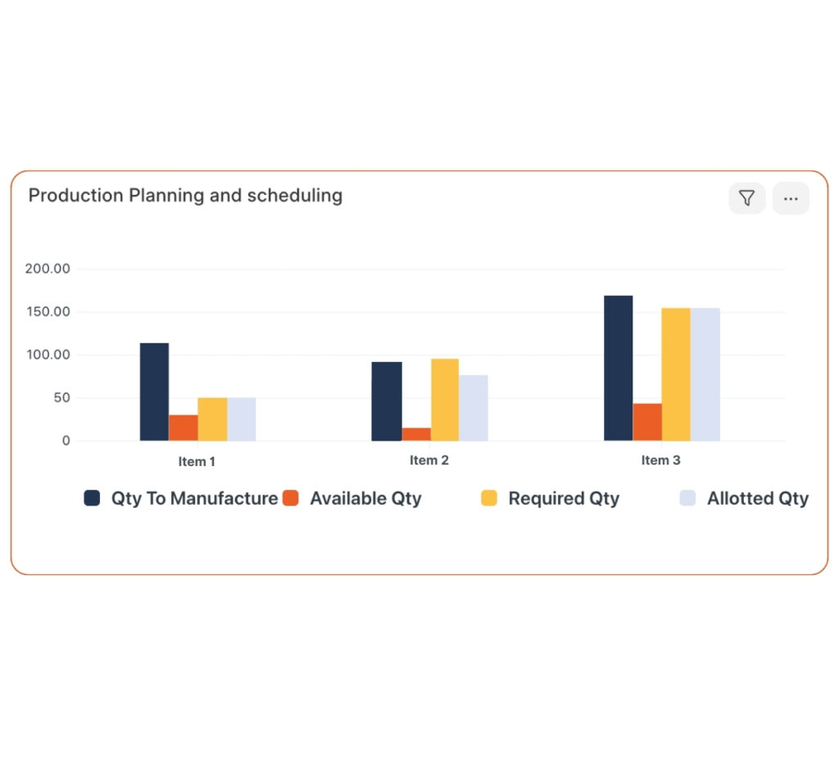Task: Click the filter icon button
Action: point(746,198)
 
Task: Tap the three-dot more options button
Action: point(791,198)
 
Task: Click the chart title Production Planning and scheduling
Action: point(185,196)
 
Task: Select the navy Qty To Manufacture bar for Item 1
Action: point(154,392)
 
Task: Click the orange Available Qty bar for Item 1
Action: point(184,428)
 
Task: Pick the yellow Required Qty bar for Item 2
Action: point(445,400)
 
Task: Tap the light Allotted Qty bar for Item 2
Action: point(474,408)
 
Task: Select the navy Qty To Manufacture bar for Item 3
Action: point(618,368)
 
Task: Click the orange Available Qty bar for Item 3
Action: point(647,422)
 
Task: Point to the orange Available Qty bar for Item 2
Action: point(416,434)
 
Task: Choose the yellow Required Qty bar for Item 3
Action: point(676,374)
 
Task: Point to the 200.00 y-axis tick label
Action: point(48,269)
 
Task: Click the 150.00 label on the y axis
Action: point(48,312)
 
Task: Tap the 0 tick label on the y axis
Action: point(66,441)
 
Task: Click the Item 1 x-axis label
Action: point(197,461)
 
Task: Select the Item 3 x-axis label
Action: point(660,460)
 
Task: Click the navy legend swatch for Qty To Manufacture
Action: point(92,498)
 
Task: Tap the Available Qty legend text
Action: point(365,498)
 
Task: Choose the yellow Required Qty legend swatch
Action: point(489,498)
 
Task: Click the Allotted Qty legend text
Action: point(758,498)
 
